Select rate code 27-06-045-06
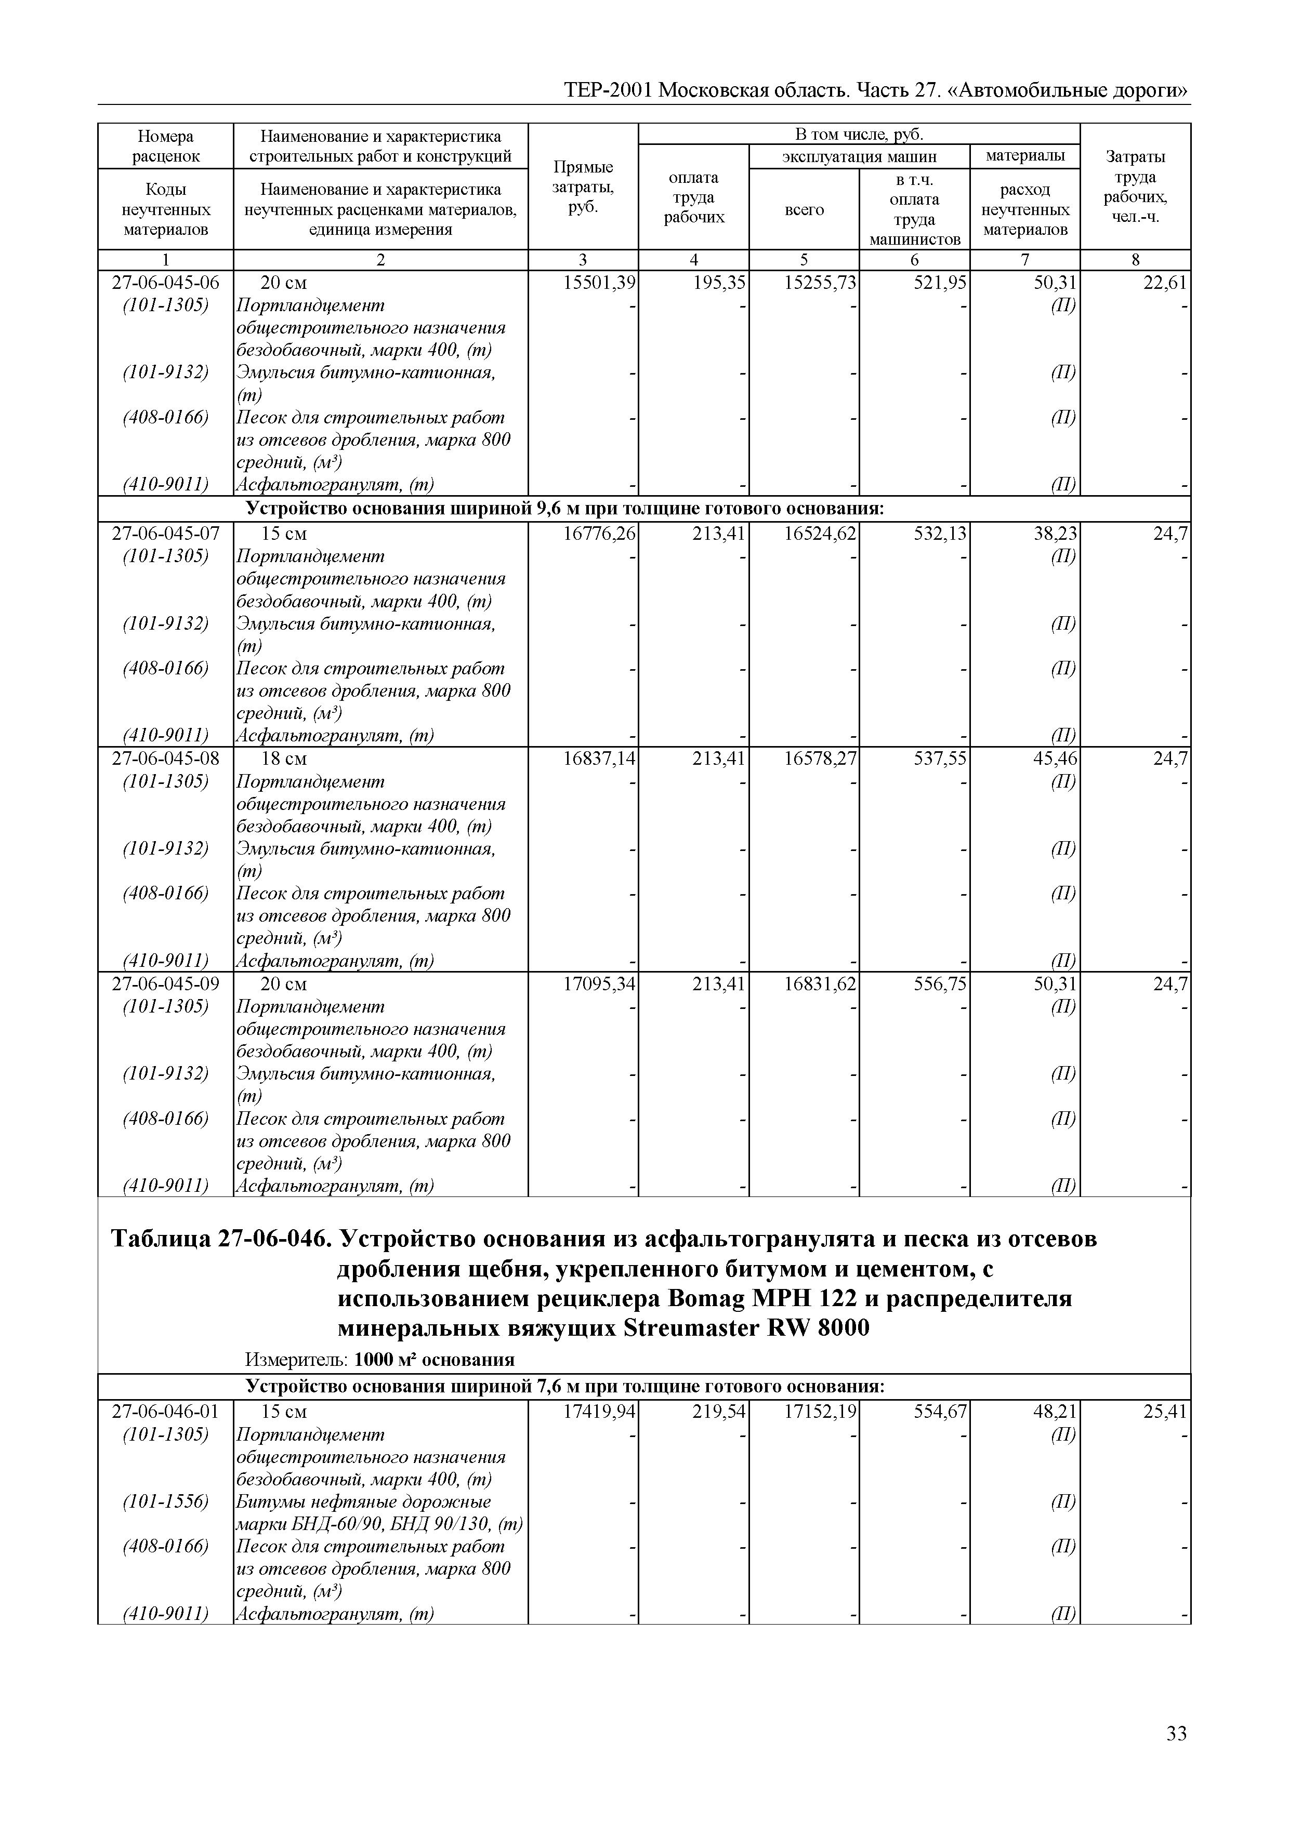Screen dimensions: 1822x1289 click(166, 283)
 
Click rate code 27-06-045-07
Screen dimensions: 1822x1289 click(166, 533)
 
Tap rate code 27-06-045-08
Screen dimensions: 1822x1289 click(166, 759)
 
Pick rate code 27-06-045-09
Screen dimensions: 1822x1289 click(166, 984)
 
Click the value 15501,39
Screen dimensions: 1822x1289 click(599, 283)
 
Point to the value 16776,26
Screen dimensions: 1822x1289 click(599, 533)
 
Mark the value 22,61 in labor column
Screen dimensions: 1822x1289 click(1165, 283)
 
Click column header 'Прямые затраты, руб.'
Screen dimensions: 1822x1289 click(583, 187)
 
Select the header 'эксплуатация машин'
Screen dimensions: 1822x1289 click(859, 156)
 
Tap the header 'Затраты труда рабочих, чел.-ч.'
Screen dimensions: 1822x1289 click(1135, 187)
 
